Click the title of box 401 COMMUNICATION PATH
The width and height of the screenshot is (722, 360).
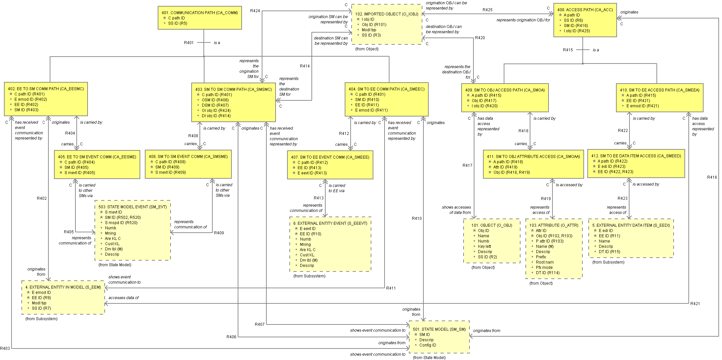click(200, 13)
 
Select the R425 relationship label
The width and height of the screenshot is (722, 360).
click(487, 10)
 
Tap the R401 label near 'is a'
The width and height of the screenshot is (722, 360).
click(189, 43)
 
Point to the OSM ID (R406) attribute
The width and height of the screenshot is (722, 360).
click(215, 100)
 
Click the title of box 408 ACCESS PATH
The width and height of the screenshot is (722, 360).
click(585, 10)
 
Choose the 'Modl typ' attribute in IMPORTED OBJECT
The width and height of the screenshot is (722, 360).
click(369, 30)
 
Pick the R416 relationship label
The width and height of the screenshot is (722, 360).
click(712, 177)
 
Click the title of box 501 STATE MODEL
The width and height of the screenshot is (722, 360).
click(439, 329)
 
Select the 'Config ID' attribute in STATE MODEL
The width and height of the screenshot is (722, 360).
click(427, 345)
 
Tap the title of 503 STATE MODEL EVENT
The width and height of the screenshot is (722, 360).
click(132, 207)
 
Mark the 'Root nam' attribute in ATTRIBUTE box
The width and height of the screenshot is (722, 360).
click(545, 262)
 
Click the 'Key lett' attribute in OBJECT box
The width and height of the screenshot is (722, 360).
click(484, 246)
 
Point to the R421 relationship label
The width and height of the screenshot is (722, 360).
click(695, 304)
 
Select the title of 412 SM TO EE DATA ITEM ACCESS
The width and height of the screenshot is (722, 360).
click(636, 156)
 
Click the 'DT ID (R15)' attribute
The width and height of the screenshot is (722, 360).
click(609, 252)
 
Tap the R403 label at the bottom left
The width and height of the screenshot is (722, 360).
click(5, 348)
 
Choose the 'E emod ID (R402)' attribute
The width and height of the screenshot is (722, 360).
click(31, 99)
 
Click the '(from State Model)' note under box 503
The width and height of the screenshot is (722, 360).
click(115, 265)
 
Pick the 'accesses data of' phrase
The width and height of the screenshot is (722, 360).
click(123, 298)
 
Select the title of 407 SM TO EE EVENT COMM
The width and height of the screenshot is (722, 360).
click(330, 157)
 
